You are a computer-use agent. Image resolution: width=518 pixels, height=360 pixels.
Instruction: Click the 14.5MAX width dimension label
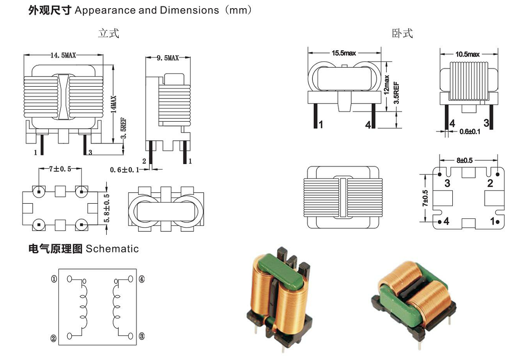tap(63, 56)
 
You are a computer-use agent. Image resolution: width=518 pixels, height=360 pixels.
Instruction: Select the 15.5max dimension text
tap(344, 53)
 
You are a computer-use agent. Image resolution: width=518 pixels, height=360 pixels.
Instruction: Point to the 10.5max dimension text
tap(467, 54)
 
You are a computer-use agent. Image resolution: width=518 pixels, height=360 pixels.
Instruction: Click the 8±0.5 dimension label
tap(464, 161)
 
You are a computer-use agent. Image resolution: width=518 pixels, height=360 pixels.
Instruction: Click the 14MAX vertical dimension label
tap(114, 105)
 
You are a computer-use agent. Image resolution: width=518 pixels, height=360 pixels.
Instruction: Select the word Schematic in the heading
tap(112, 249)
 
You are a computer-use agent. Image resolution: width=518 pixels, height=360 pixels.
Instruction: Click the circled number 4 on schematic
tap(142, 279)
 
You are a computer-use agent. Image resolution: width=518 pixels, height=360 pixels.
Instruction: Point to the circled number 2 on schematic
tap(54, 338)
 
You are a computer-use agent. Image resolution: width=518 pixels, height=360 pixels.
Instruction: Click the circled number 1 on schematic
tap(54, 279)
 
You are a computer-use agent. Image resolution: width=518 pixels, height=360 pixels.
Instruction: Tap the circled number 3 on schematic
tap(142, 336)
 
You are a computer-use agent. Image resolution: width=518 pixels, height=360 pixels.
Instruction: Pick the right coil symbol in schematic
tap(116, 307)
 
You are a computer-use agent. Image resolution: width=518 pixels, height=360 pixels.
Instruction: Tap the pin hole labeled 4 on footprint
tap(440, 222)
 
